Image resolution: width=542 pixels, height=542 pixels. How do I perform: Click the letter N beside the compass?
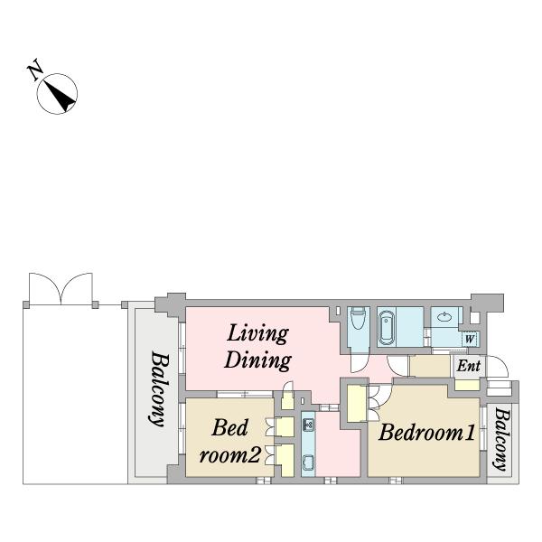click(x=35, y=70)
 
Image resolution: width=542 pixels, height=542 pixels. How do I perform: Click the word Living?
click(x=257, y=334)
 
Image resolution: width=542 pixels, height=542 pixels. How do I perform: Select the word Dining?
click(x=257, y=360)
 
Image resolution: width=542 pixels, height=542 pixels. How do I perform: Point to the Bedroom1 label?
click(x=427, y=432)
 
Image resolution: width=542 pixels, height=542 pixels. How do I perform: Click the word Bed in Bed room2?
click(x=229, y=427)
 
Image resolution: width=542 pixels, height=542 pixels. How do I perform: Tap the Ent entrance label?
click(x=468, y=366)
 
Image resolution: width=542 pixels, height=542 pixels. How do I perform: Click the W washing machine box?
click(x=470, y=339)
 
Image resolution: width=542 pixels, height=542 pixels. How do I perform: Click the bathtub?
click(x=387, y=328)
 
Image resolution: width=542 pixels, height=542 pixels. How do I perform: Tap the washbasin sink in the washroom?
click(x=444, y=317)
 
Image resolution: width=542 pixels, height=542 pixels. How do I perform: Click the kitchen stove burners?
click(x=308, y=425)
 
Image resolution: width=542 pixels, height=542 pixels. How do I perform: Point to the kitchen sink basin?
click(x=308, y=463)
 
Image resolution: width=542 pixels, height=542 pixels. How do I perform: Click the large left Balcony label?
click(x=157, y=388)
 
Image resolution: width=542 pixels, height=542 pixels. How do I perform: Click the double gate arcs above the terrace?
click(x=61, y=289)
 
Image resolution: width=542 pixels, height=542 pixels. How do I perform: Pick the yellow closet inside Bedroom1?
click(x=357, y=404)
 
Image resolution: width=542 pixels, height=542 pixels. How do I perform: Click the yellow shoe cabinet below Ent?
click(x=467, y=385)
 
